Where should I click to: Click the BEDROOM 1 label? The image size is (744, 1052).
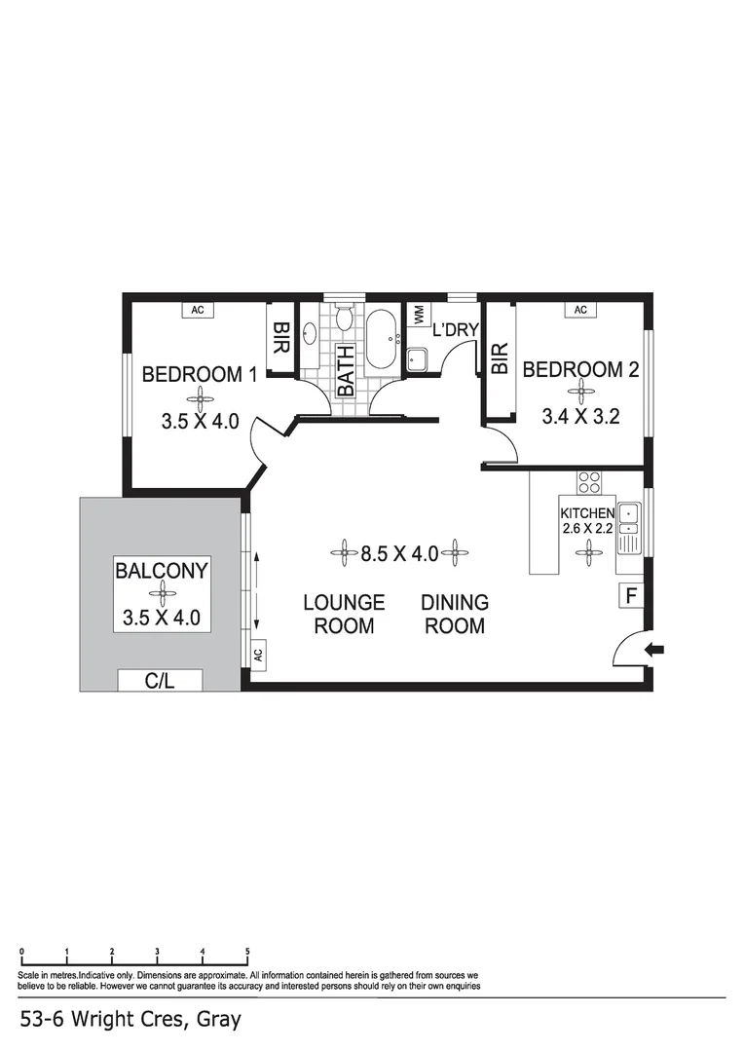(x=199, y=374)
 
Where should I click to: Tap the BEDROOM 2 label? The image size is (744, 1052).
(x=581, y=369)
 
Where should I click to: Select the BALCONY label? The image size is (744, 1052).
(x=162, y=571)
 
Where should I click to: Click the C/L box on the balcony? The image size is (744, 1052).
(x=160, y=681)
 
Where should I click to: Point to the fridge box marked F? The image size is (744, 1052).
(x=630, y=595)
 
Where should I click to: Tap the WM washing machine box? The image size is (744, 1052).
(x=419, y=314)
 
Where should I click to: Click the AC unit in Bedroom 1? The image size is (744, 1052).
(x=198, y=310)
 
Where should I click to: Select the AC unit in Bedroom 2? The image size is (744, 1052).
(x=580, y=310)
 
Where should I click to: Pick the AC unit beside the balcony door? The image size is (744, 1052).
(x=258, y=655)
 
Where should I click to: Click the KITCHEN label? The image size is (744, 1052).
(x=586, y=513)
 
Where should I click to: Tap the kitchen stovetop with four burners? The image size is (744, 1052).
(x=589, y=482)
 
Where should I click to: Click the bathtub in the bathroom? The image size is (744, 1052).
(x=381, y=339)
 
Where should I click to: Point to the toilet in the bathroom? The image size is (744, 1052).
(x=344, y=318)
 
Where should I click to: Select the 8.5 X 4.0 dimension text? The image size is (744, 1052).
(x=398, y=554)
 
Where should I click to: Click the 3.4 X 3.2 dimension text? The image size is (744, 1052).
(x=581, y=417)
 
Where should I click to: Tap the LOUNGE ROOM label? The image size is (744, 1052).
(x=344, y=614)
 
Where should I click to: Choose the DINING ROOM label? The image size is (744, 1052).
(x=455, y=614)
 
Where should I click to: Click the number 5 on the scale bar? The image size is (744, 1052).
(x=247, y=952)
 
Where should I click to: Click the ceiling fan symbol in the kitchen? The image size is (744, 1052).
(x=587, y=553)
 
